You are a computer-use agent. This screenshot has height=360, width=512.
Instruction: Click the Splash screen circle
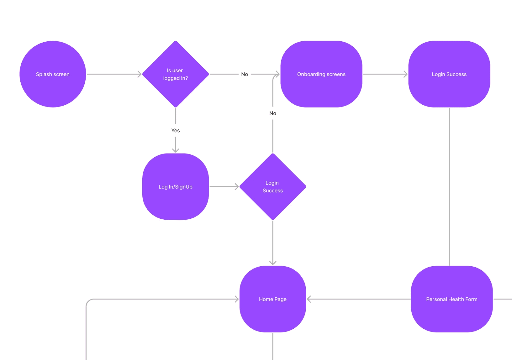53,74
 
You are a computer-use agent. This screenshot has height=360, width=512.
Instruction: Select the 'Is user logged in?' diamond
176,74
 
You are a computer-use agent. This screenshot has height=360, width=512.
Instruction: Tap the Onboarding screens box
321,74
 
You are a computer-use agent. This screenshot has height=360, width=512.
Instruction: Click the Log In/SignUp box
176,187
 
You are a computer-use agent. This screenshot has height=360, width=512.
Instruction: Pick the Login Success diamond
273,187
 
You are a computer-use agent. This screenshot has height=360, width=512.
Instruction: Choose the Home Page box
273,299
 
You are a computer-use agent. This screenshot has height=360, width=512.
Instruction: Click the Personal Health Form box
452,299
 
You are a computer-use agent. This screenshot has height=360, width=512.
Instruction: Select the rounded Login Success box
449,74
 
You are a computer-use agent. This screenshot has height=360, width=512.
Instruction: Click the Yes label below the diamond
176,130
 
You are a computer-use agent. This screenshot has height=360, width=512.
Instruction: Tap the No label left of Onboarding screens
245,74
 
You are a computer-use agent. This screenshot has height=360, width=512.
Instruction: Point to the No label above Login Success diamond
273,113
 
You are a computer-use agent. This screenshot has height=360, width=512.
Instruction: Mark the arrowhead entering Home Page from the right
309,299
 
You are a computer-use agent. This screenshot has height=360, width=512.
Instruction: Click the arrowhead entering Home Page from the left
237,299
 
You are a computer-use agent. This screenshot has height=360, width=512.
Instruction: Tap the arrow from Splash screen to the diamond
114,74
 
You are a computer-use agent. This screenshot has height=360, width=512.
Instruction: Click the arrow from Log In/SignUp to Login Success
224,187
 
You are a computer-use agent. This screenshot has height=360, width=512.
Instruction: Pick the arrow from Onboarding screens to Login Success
385,74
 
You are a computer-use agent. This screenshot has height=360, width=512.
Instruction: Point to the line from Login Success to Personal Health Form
449,187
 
